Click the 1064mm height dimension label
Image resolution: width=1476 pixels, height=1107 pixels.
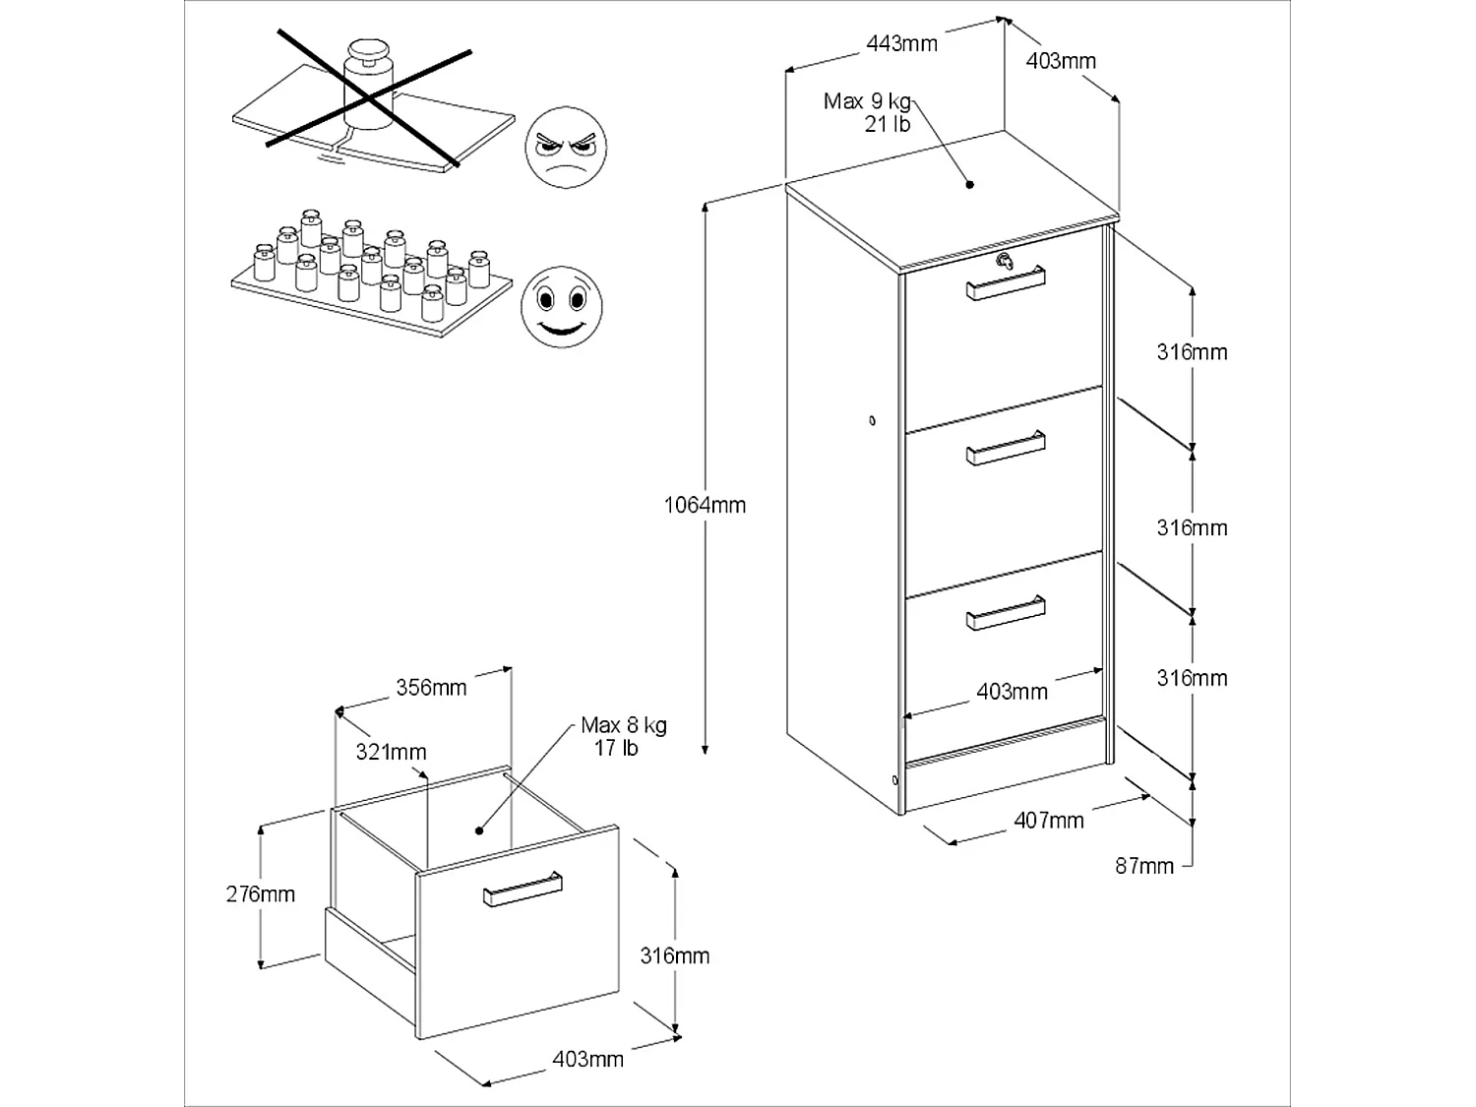coord(705,505)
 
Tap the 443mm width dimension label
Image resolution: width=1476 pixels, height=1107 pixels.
coord(901,43)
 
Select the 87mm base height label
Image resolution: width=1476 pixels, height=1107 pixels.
coord(1144,866)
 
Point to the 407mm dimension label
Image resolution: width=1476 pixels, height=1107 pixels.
coord(1049,820)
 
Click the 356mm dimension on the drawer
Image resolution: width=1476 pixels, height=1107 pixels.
coord(431,687)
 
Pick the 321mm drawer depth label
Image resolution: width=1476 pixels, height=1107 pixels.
coord(391,752)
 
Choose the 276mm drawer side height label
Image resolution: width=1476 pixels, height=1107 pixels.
coord(260,893)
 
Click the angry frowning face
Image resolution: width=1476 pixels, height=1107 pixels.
coord(566,148)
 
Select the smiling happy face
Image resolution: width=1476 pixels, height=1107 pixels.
coord(562,306)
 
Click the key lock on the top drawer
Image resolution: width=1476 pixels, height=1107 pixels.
coord(1004,262)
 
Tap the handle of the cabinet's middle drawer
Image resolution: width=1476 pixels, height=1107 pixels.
coord(1006,448)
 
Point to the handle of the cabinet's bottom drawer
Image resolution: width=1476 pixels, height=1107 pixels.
coord(1006,612)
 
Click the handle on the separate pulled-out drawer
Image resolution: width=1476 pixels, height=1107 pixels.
coord(523,889)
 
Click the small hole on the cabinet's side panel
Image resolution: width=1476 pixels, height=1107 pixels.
coord(872,421)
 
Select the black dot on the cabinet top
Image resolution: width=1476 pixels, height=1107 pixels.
coord(969,184)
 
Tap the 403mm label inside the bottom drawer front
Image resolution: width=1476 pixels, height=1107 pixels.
coord(1012,691)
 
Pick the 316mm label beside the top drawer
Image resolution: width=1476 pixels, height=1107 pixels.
coord(1193,351)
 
